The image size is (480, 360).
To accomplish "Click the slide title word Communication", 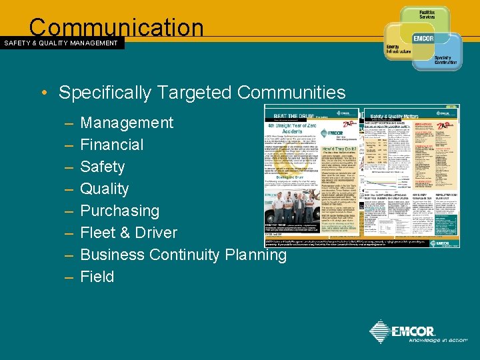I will click(116, 27).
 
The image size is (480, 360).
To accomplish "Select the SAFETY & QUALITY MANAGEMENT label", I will click(61, 43).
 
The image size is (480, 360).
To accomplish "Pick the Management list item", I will click(127, 123).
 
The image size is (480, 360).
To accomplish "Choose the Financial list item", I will click(111, 145).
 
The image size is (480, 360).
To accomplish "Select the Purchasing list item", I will click(119, 211).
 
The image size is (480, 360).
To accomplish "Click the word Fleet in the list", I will click(100, 233).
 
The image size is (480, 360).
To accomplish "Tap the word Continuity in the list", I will click(185, 255).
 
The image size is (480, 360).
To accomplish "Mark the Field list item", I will click(97, 277).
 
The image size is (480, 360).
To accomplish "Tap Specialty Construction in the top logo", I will click(447, 60).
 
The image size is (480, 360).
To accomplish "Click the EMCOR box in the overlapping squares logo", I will click(424, 39).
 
